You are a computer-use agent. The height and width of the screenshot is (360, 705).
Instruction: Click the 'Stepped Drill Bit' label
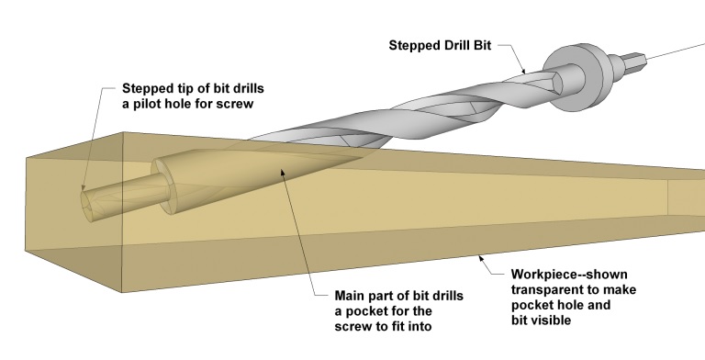pos(440,45)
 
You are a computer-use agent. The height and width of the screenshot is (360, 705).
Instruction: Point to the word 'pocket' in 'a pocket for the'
pos(366,311)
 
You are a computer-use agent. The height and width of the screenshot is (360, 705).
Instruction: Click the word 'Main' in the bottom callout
pos(350,296)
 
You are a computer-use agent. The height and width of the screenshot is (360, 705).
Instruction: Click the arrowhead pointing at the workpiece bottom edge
pos(481,258)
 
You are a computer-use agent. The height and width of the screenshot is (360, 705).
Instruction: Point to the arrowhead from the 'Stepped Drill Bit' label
pos(523,71)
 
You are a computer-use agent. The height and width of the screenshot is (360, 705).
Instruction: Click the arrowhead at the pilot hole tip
pos(84,187)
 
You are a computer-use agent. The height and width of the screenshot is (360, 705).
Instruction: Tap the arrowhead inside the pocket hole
pos(283,171)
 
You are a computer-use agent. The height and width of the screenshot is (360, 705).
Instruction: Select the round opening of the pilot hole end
pos(89,206)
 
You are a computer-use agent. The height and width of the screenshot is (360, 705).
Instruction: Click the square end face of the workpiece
pos(74,211)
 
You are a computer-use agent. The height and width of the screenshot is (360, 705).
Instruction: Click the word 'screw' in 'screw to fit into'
pos(352,326)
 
